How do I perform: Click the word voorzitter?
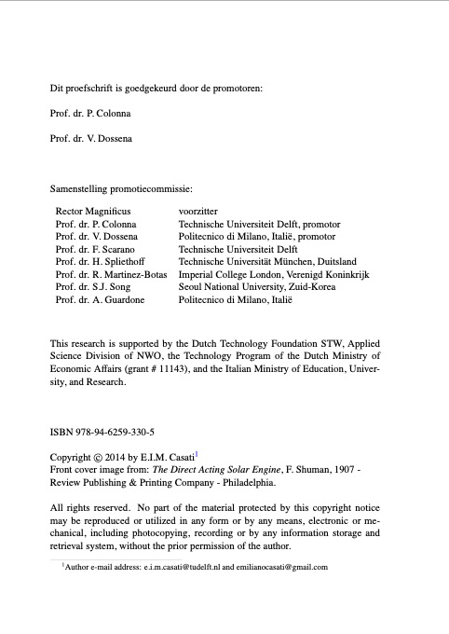click(x=198, y=213)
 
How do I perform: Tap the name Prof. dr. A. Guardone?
click(x=101, y=300)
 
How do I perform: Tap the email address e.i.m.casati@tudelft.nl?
click(x=179, y=567)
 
